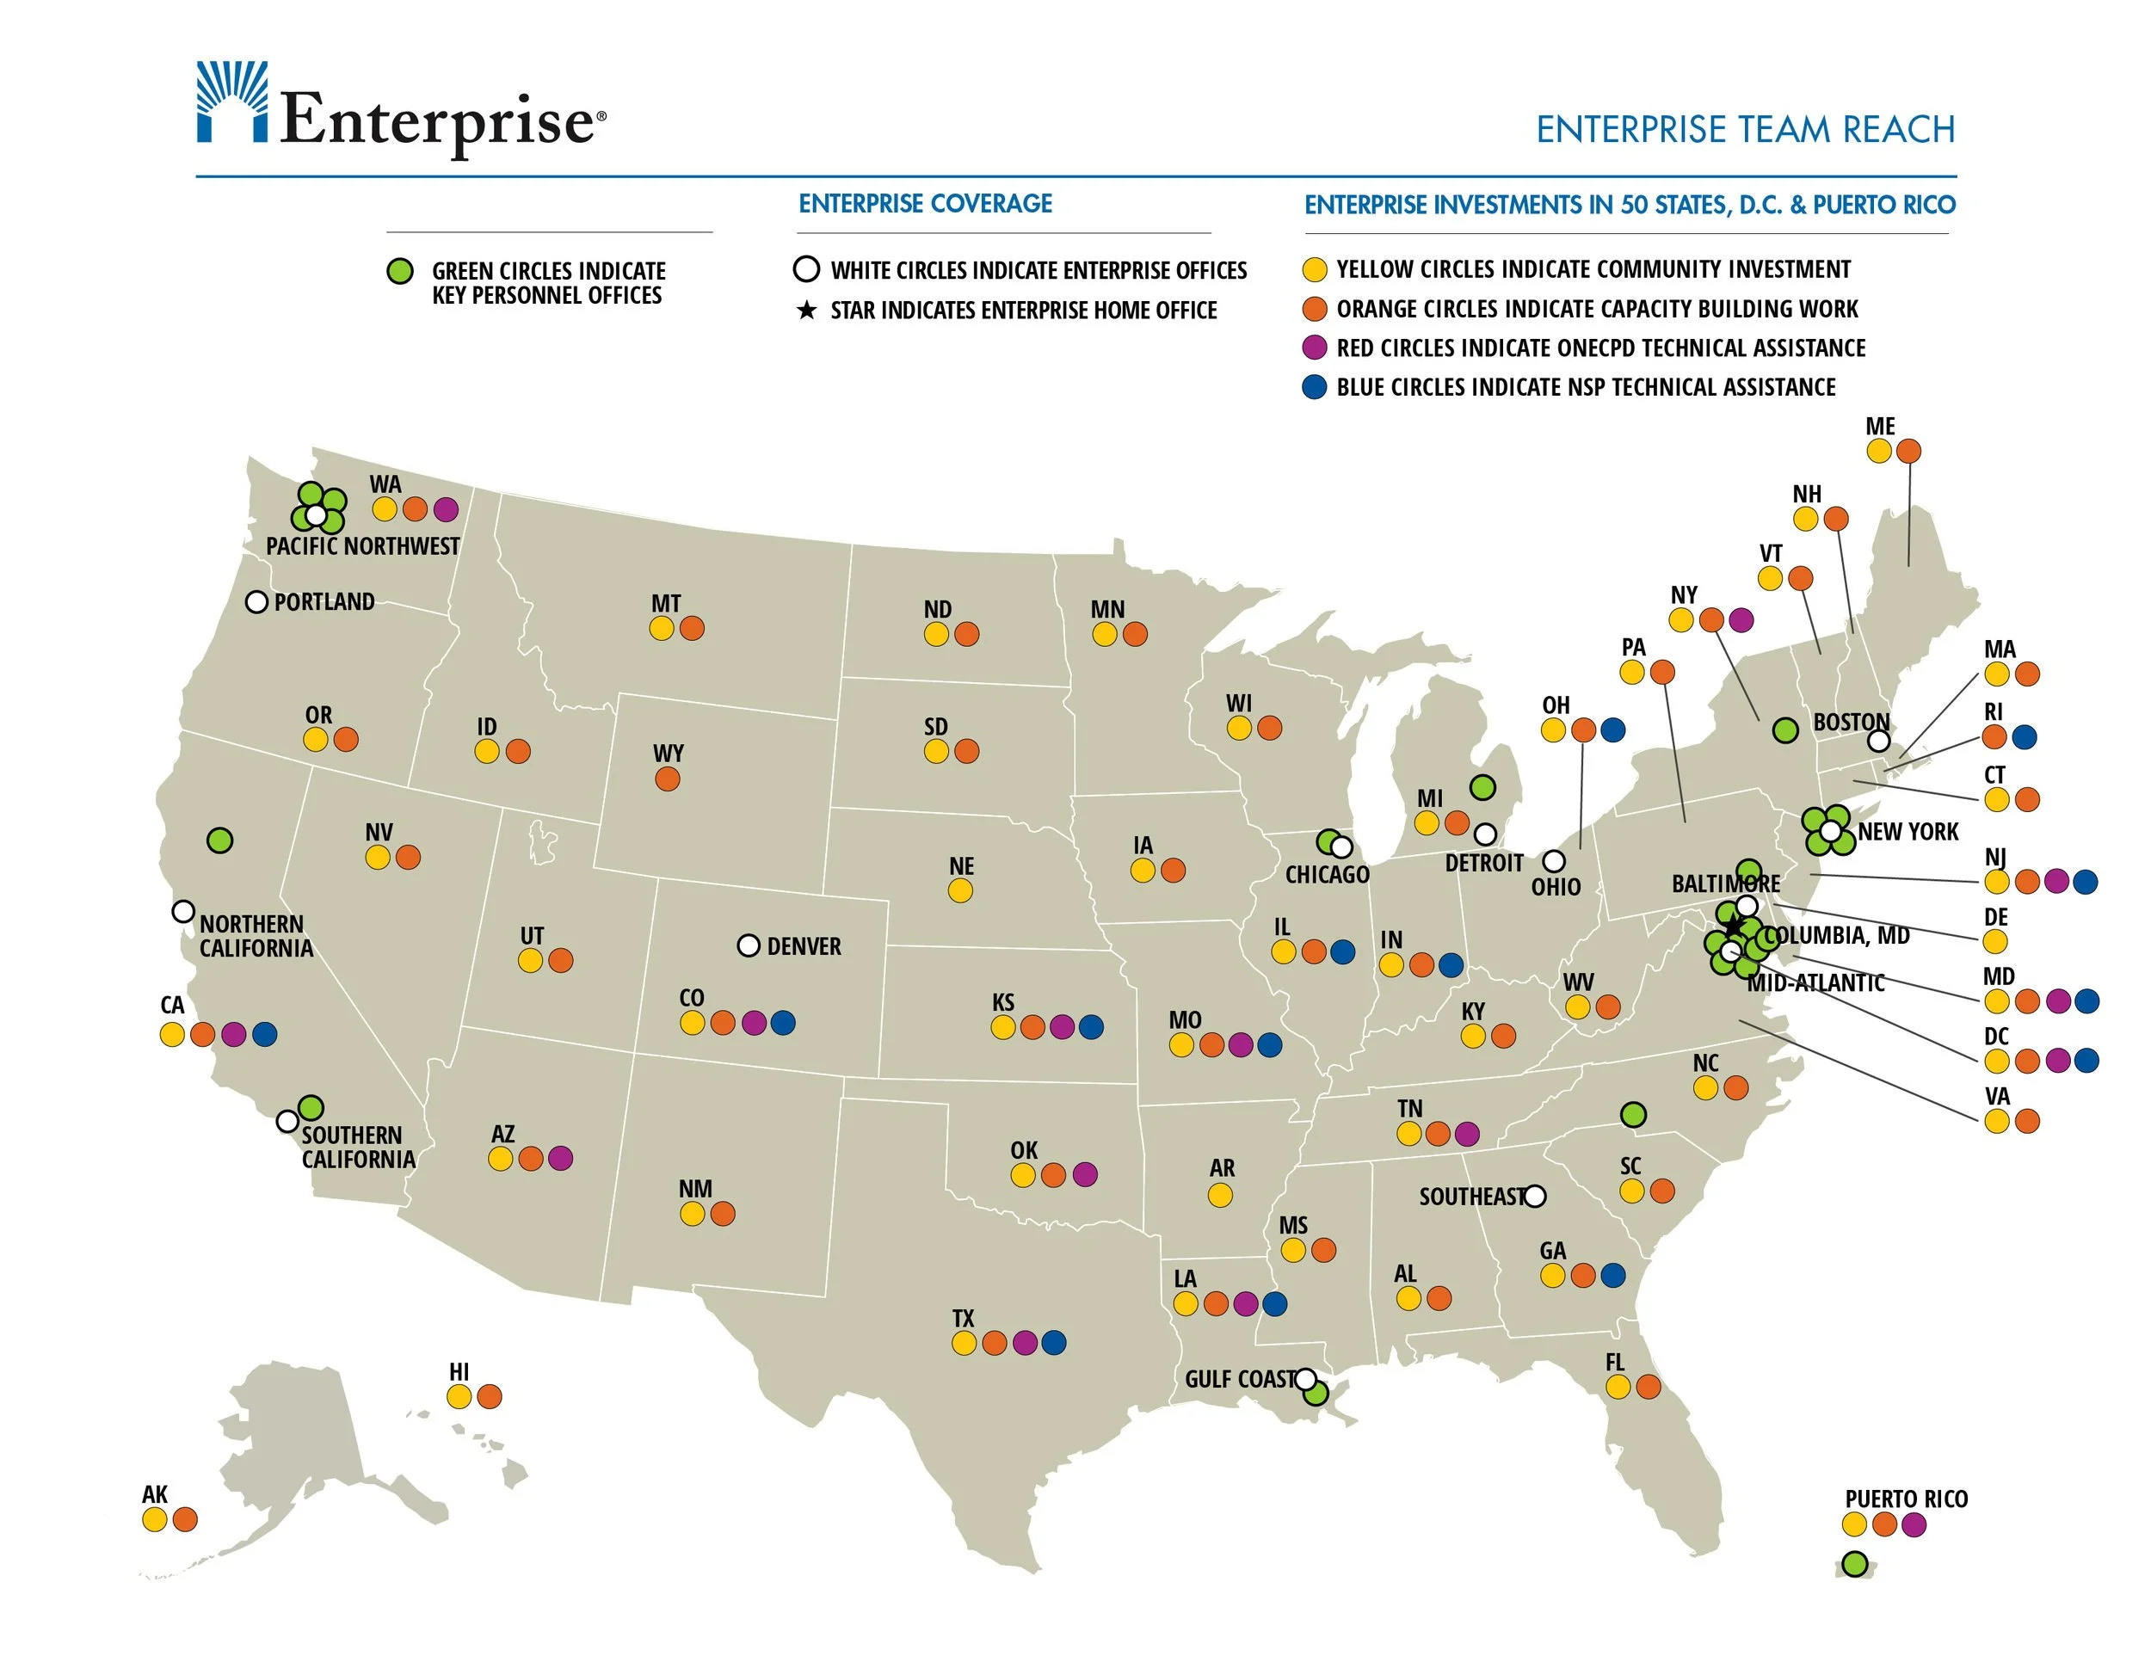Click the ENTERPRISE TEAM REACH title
1744,130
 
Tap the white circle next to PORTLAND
256,601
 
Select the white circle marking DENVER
749,945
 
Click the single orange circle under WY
667,779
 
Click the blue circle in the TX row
1054,1342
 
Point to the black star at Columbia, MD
1734,926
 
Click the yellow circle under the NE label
960,890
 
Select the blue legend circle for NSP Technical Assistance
1314,387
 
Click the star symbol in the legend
807,311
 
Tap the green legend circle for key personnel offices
399,271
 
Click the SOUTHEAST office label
1471,1197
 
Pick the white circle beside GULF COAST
1305,1378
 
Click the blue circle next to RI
2025,736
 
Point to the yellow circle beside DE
1995,941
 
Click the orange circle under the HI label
490,1396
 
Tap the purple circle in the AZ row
560,1158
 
